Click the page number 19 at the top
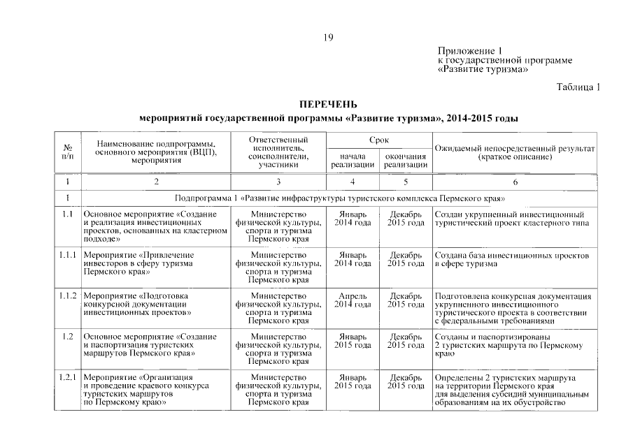click(328, 37)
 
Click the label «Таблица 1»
click(578, 87)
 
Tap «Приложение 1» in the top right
click(470, 51)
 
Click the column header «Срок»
click(379, 140)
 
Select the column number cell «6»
click(515, 182)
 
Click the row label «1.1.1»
click(68, 256)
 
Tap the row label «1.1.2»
click(68, 296)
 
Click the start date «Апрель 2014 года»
click(353, 300)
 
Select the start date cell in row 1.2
click(353, 341)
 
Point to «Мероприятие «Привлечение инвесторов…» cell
click(138, 265)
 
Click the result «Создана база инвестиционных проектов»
click(512, 260)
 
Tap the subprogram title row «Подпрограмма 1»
click(340, 198)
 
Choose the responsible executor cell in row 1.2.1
click(278, 390)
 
